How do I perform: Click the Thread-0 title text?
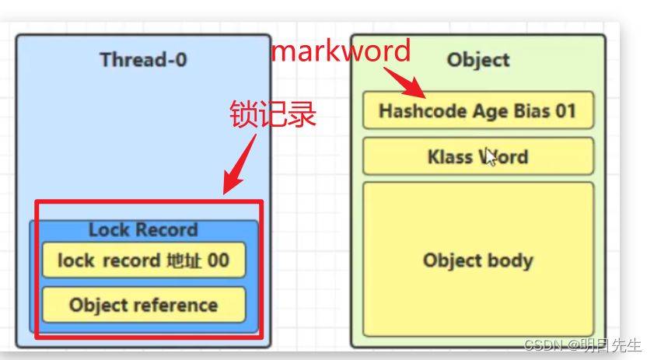143,60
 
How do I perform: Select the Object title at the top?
477,60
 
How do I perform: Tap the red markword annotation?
340,51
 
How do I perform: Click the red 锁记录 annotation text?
273,114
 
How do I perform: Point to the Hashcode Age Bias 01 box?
477,110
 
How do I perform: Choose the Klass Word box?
477,156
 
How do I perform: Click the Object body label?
477,260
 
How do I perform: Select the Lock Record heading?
143,229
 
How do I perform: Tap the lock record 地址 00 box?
143,260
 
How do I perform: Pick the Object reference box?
143,305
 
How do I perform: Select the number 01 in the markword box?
565,110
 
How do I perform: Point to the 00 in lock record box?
219,260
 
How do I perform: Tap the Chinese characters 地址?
184,260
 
